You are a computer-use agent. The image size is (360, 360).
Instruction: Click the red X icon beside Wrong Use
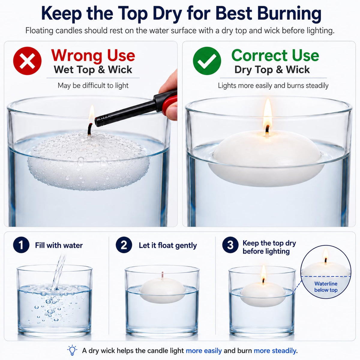coord(27,61)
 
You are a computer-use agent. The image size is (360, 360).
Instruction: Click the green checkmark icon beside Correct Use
coord(207,61)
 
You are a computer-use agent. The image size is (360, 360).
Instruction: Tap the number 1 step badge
coord(21,245)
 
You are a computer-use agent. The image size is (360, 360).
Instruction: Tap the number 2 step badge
coord(124,245)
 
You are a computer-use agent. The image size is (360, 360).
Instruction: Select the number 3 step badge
coord(230,245)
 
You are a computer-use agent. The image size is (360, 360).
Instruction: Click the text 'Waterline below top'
coord(326,287)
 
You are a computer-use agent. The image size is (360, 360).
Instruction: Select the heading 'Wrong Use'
coord(93,55)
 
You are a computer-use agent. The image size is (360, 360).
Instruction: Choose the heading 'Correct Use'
coord(275,55)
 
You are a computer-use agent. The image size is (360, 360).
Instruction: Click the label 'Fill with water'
coord(59,245)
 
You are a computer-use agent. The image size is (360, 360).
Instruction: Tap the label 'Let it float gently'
coord(168,246)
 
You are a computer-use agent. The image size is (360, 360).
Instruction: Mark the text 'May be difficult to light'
coord(93,85)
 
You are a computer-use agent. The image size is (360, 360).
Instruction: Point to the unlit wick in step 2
coord(163,275)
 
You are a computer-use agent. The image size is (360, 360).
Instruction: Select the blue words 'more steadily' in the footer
coord(275,351)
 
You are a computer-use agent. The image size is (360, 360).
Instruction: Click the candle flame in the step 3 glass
coord(264,273)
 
